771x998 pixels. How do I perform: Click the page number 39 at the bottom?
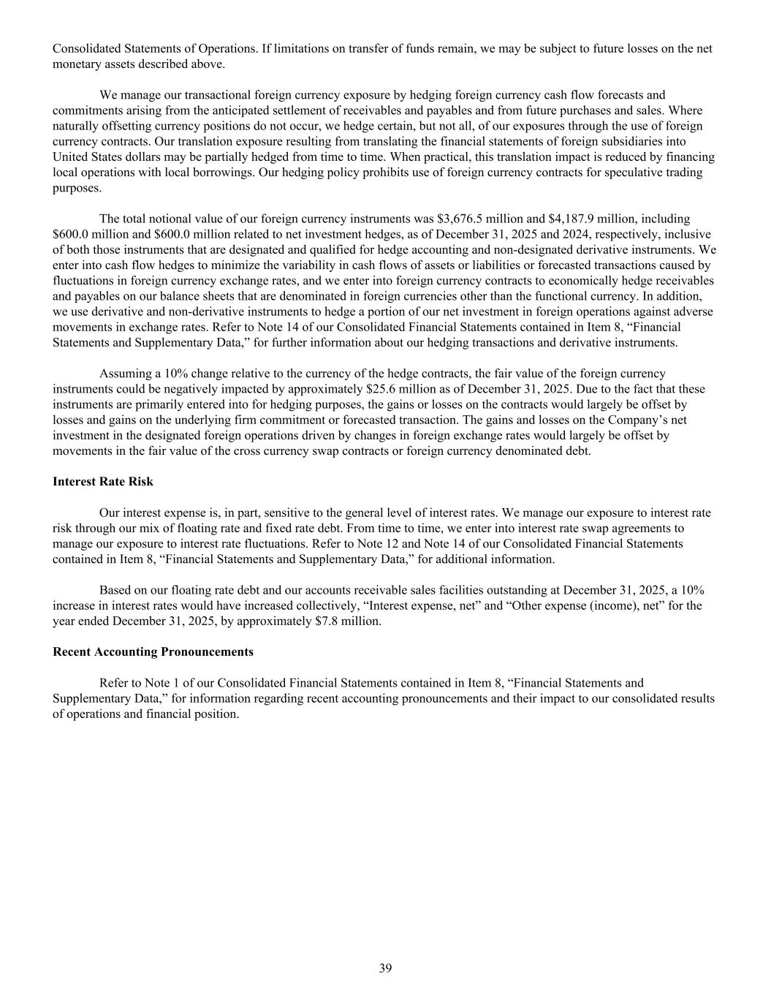385,969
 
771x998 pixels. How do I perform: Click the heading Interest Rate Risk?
103,482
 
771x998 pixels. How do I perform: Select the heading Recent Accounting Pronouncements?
153,651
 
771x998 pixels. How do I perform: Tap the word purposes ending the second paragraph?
77,188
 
